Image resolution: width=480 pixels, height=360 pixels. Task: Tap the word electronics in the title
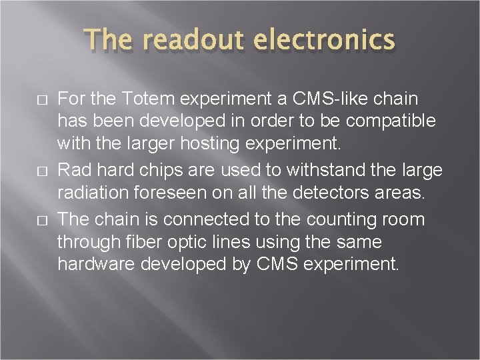click(326, 41)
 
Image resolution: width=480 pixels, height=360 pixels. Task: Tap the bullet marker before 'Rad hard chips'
click(41, 171)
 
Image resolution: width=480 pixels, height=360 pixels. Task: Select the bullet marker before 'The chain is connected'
click(41, 220)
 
